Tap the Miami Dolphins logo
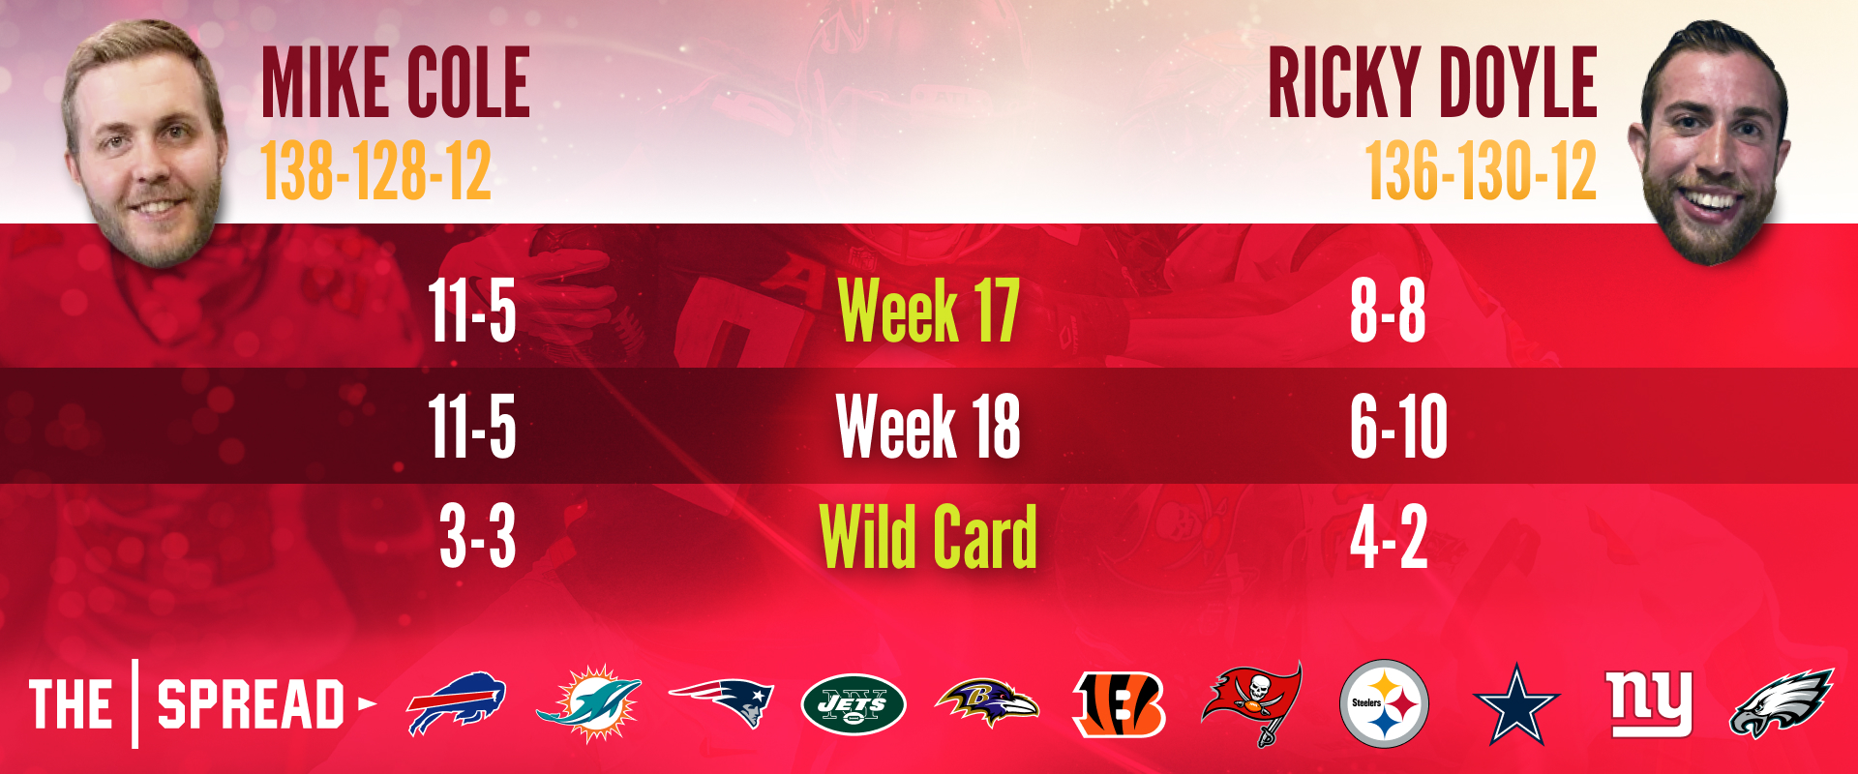pyautogui.click(x=588, y=703)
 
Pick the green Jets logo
pyautogui.click(x=854, y=704)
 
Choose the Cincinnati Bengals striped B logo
pyautogui.click(x=1120, y=703)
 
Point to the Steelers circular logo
pyautogui.click(x=1384, y=703)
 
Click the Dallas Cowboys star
pyautogui.click(x=1515, y=704)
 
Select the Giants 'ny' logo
pyautogui.click(x=1649, y=701)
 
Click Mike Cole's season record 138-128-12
pyautogui.click(x=376, y=171)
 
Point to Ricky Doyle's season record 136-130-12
pyautogui.click(x=1481, y=171)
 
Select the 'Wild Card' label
pyautogui.click(x=928, y=537)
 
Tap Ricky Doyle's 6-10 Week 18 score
pyautogui.click(x=1398, y=426)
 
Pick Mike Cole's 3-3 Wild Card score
pyautogui.click(x=477, y=537)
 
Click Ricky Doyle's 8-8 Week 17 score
pyautogui.click(x=1388, y=311)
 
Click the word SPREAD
pyautogui.click(x=251, y=704)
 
